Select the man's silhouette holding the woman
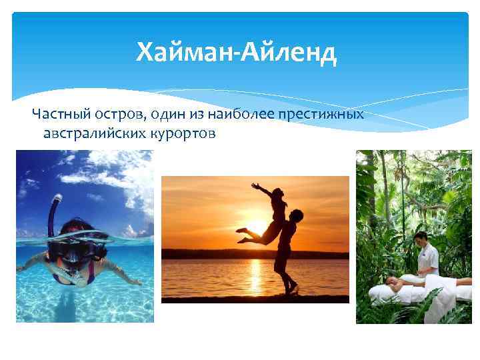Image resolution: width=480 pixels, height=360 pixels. tap(287, 253)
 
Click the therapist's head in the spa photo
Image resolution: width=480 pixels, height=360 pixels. tap(421, 238)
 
